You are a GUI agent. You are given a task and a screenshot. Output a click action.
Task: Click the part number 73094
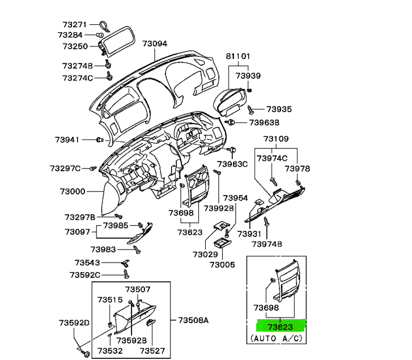pyautogui.click(x=155, y=43)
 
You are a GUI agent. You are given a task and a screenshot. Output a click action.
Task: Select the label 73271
pyautogui.click(x=74, y=25)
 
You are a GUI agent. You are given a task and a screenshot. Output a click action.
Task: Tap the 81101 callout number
pyautogui.click(x=239, y=57)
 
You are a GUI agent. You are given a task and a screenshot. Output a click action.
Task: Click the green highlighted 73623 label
pyautogui.click(x=281, y=326)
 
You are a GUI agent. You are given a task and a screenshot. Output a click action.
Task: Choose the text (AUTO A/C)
pyautogui.click(x=277, y=338)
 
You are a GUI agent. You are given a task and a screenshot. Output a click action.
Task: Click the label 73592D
pyautogui.click(x=74, y=323)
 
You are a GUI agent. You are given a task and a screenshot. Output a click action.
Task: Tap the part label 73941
pyautogui.click(x=67, y=139)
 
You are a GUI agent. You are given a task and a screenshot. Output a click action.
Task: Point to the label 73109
pyautogui.click(x=275, y=139)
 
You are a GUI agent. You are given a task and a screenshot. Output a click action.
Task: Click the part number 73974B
pyautogui.click(x=267, y=244)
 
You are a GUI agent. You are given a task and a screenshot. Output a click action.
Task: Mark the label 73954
pyautogui.click(x=235, y=198)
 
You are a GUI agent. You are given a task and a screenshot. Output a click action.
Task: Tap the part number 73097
pyautogui.click(x=77, y=232)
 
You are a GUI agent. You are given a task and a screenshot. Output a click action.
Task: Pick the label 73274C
pyautogui.click(x=78, y=78)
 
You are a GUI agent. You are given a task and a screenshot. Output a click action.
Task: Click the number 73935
pyautogui.click(x=279, y=109)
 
